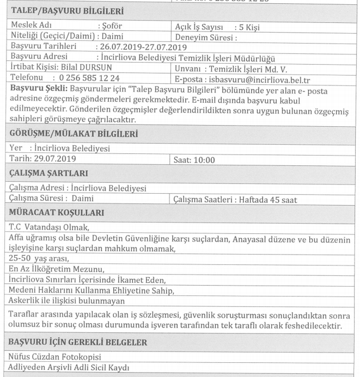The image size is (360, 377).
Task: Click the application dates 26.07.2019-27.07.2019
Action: click(143, 47)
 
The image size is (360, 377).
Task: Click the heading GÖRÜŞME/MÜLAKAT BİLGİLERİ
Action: click(74, 133)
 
